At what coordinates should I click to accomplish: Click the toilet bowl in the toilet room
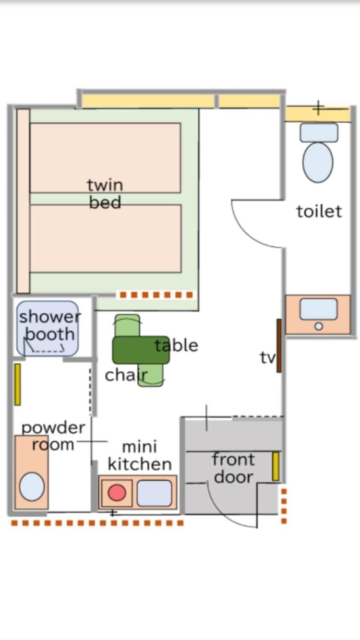point(318,162)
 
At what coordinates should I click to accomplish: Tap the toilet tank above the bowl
point(319,132)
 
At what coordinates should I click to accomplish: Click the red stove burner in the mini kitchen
point(117,493)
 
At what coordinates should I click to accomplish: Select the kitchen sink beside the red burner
point(155,493)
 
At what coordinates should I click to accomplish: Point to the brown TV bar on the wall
point(279,346)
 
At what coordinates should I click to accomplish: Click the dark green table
point(141,350)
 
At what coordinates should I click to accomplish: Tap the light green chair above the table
point(128,325)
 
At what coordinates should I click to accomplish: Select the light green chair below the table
point(151,375)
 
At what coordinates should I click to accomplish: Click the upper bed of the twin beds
point(105,158)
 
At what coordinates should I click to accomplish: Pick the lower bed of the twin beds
point(106,238)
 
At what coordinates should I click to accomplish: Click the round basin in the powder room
point(32,486)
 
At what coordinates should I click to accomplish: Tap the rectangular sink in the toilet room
point(318,309)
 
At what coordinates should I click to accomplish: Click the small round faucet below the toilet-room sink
point(319,326)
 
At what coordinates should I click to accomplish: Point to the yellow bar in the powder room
point(17,384)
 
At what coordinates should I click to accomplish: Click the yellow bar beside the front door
point(276,466)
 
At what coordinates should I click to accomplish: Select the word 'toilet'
point(319,212)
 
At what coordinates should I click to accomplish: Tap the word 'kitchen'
point(140,464)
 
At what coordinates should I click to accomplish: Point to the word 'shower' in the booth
point(50,317)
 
